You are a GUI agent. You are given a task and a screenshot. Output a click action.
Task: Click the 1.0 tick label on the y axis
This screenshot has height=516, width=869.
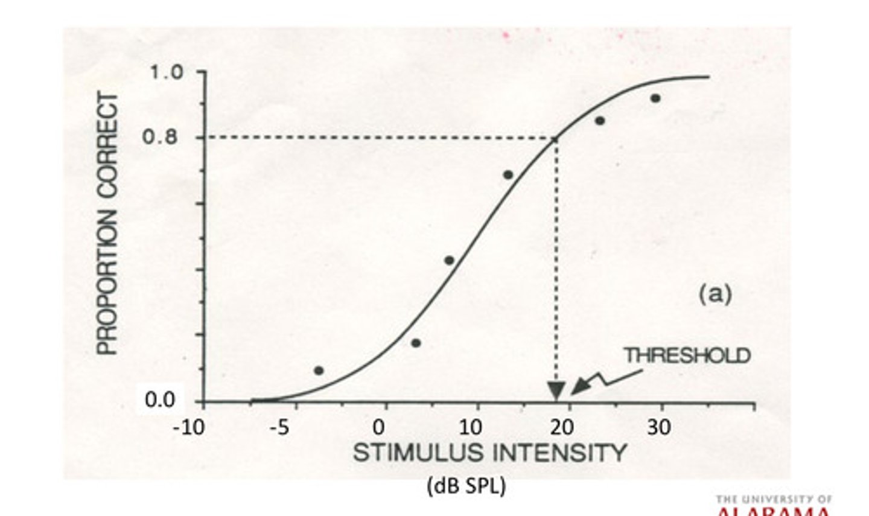point(165,72)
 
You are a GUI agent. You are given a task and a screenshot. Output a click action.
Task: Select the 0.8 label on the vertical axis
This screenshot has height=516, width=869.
point(160,137)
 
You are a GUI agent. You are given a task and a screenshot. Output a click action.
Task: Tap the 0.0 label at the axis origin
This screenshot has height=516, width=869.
point(160,400)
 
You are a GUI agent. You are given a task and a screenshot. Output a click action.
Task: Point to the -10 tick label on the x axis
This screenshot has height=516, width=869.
point(188,428)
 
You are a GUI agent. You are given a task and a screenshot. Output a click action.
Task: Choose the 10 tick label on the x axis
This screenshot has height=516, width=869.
point(471,428)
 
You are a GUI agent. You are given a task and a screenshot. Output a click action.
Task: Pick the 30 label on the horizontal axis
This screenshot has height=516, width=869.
point(659,428)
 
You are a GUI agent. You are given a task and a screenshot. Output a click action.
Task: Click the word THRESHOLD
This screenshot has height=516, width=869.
point(687,355)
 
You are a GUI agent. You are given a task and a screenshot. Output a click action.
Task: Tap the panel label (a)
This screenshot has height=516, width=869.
point(715,294)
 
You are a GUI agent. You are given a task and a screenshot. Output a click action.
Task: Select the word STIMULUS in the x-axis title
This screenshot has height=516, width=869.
point(418,453)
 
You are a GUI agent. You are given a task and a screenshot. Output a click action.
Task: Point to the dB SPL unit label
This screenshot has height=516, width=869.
point(466,486)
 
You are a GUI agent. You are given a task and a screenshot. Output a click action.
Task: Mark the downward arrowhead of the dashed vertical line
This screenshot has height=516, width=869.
point(556,391)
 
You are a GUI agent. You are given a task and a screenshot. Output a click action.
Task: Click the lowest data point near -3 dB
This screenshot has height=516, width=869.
point(319,370)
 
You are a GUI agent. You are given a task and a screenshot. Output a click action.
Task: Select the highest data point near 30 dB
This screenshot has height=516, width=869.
point(655,98)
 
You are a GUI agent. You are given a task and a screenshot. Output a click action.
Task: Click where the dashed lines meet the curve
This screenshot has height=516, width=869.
point(555,138)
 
